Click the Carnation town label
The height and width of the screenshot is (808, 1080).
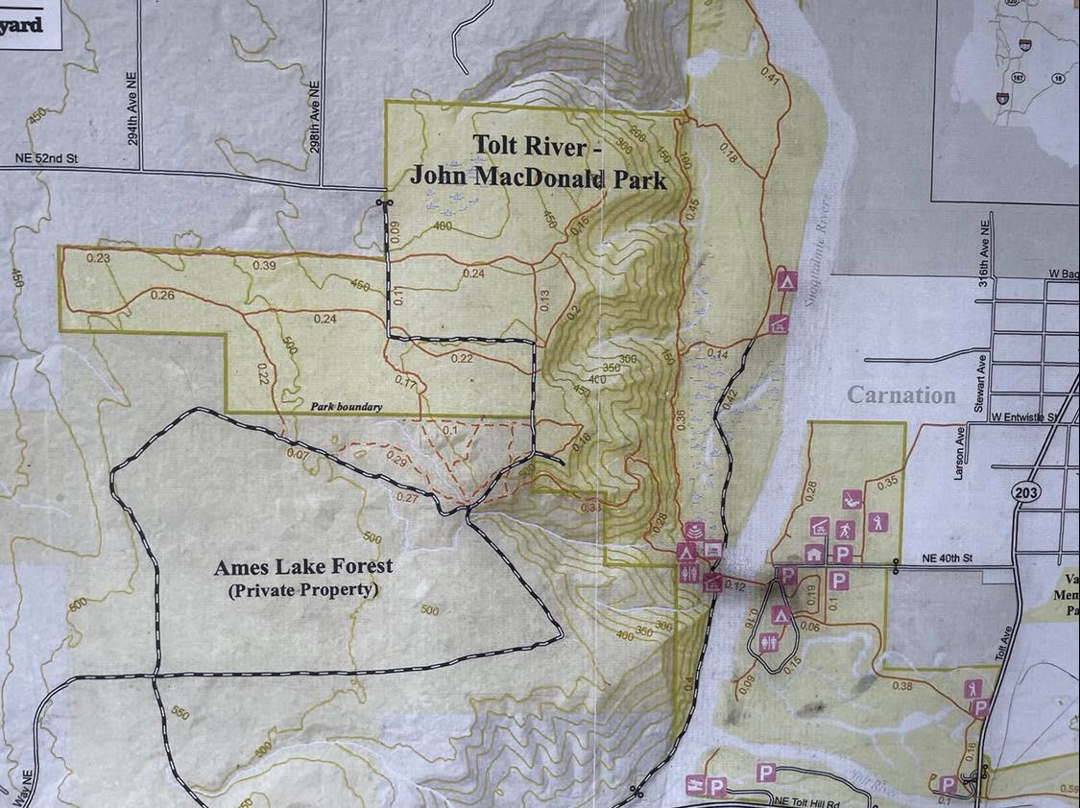point(901,395)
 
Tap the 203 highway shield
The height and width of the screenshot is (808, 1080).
point(1024,491)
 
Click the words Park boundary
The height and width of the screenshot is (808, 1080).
point(346,407)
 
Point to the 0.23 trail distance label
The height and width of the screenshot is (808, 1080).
point(98,257)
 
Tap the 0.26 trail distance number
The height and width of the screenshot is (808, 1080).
point(162,296)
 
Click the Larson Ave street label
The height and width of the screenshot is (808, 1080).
point(957,443)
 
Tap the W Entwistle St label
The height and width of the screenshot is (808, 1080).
point(1023,417)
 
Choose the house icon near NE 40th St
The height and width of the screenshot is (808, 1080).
point(814,553)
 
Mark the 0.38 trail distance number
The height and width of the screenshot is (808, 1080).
point(901,685)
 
